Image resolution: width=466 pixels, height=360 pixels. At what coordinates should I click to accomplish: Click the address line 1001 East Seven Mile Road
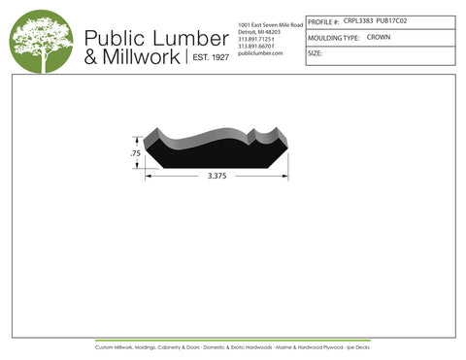(x=270, y=23)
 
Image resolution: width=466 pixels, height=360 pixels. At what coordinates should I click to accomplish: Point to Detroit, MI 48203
(x=257, y=31)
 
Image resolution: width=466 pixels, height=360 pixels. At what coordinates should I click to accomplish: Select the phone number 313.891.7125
(x=257, y=39)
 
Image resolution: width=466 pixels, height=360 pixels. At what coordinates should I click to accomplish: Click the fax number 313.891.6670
(x=257, y=46)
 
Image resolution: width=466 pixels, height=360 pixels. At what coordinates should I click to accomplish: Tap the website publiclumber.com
(x=259, y=53)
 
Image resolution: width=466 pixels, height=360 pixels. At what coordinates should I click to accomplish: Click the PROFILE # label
(x=323, y=20)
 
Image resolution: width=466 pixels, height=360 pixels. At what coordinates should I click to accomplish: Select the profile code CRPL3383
(x=358, y=20)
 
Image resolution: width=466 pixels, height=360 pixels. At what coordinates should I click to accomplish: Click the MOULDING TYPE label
(x=333, y=38)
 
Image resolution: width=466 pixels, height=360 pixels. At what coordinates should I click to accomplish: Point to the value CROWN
(x=379, y=37)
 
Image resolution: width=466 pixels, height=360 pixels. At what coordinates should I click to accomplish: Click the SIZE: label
(x=315, y=54)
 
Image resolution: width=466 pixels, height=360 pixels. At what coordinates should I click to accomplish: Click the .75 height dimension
(x=136, y=154)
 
